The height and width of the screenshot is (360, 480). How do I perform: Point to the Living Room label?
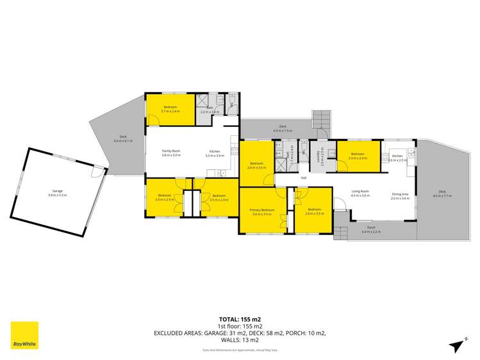coord(361,192)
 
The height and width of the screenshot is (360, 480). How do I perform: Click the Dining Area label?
coord(400,194)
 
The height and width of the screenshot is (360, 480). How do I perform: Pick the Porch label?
coord(371,228)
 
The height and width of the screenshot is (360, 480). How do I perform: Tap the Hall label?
coord(304,177)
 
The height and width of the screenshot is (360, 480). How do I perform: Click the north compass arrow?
coord(459,344)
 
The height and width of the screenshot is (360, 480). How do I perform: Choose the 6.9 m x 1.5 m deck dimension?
coord(283,131)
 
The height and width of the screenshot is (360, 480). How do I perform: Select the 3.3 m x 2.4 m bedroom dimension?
coord(358,158)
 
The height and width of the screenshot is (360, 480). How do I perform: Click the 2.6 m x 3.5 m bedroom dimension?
coord(313,213)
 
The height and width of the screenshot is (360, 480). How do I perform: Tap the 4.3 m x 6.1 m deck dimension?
coord(122,140)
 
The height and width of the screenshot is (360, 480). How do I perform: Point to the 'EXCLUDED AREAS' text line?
coord(240,334)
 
